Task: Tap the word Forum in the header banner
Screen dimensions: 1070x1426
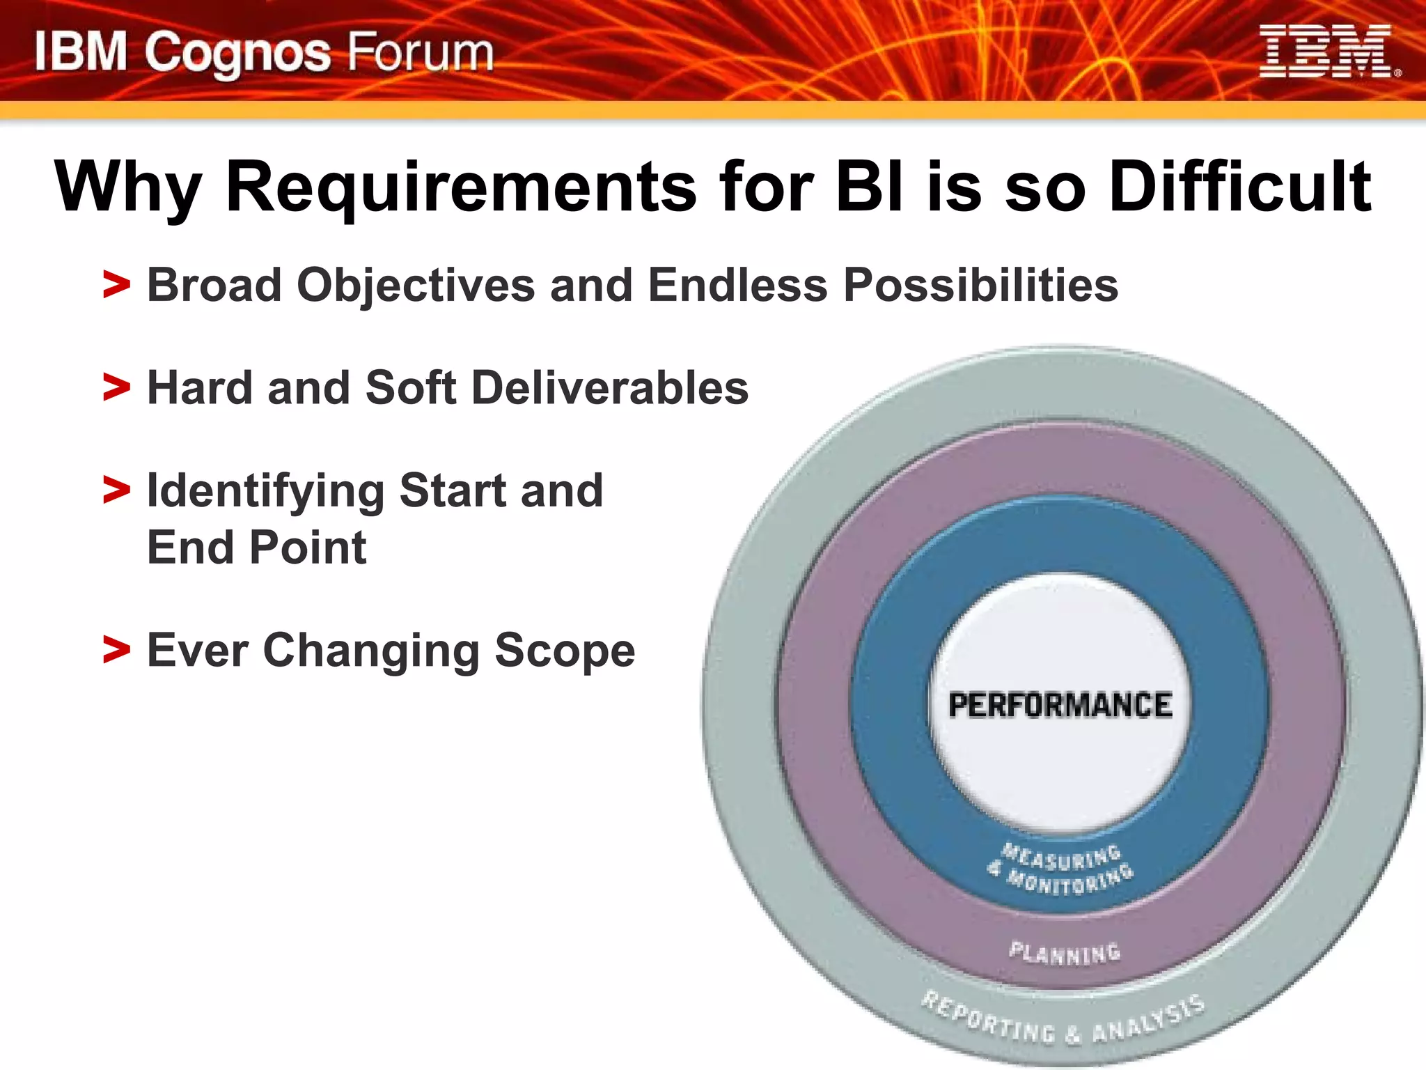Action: (x=420, y=53)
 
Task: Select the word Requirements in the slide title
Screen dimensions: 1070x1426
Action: (x=460, y=187)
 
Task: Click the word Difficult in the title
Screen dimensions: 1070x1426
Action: (x=1239, y=187)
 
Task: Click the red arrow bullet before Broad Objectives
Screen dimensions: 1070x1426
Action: (x=116, y=285)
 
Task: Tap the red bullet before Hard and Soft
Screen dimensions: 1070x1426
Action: (x=116, y=387)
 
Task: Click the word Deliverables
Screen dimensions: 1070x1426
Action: (x=610, y=387)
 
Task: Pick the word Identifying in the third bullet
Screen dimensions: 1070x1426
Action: (x=265, y=491)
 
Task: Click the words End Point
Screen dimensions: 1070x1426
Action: (x=256, y=548)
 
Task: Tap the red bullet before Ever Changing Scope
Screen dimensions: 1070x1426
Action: (x=116, y=650)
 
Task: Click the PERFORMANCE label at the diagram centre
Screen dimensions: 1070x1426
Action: (x=1060, y=705)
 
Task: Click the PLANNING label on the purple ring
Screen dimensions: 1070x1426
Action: (x=1065, y=952)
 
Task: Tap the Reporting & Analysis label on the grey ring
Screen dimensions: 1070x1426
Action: (x=1063, y=1021)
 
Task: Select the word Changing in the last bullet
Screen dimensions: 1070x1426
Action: (x=371, y=650)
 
